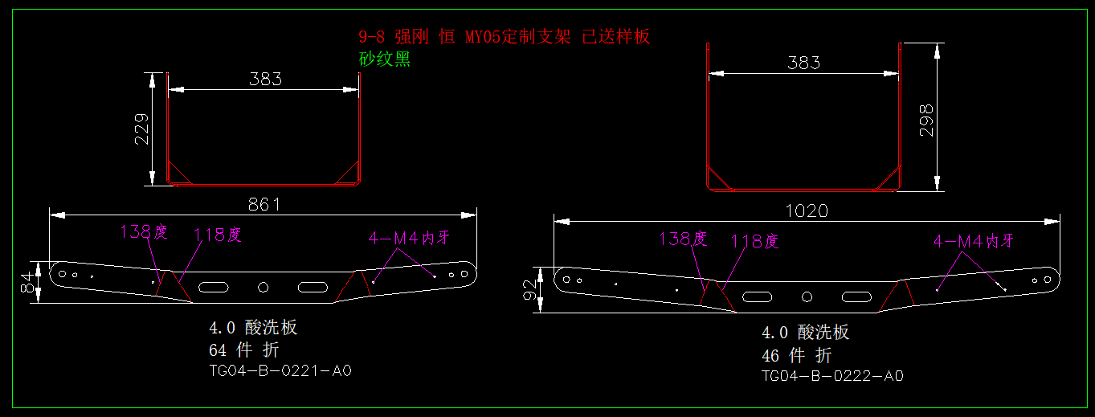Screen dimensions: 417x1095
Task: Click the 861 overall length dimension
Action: coord(264,204)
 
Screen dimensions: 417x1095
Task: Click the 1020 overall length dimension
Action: coord(807,211)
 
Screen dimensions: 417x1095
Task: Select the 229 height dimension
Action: coord(141,129)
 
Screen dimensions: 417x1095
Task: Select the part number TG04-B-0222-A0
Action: coord(832,375)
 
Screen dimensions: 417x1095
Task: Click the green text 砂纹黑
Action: coord(384,59)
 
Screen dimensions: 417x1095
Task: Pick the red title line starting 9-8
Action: coord(504,36)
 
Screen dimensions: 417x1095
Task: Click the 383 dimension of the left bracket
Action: coord(265,79)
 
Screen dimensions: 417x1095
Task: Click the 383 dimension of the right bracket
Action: coord(803,63)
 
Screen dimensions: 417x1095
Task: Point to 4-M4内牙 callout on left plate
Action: coord(409,238)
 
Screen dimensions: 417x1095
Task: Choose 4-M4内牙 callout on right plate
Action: coord(974,241)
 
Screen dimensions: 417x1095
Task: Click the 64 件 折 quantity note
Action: coord(244,350)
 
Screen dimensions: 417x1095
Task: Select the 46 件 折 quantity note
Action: coord(796,355)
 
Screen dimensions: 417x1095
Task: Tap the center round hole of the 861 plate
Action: coord(263,287)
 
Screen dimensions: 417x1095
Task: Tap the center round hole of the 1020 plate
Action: coord(806,296)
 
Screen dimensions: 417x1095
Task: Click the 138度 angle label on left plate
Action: coord(144,232)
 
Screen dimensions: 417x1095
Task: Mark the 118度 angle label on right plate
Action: coord(754,241)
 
